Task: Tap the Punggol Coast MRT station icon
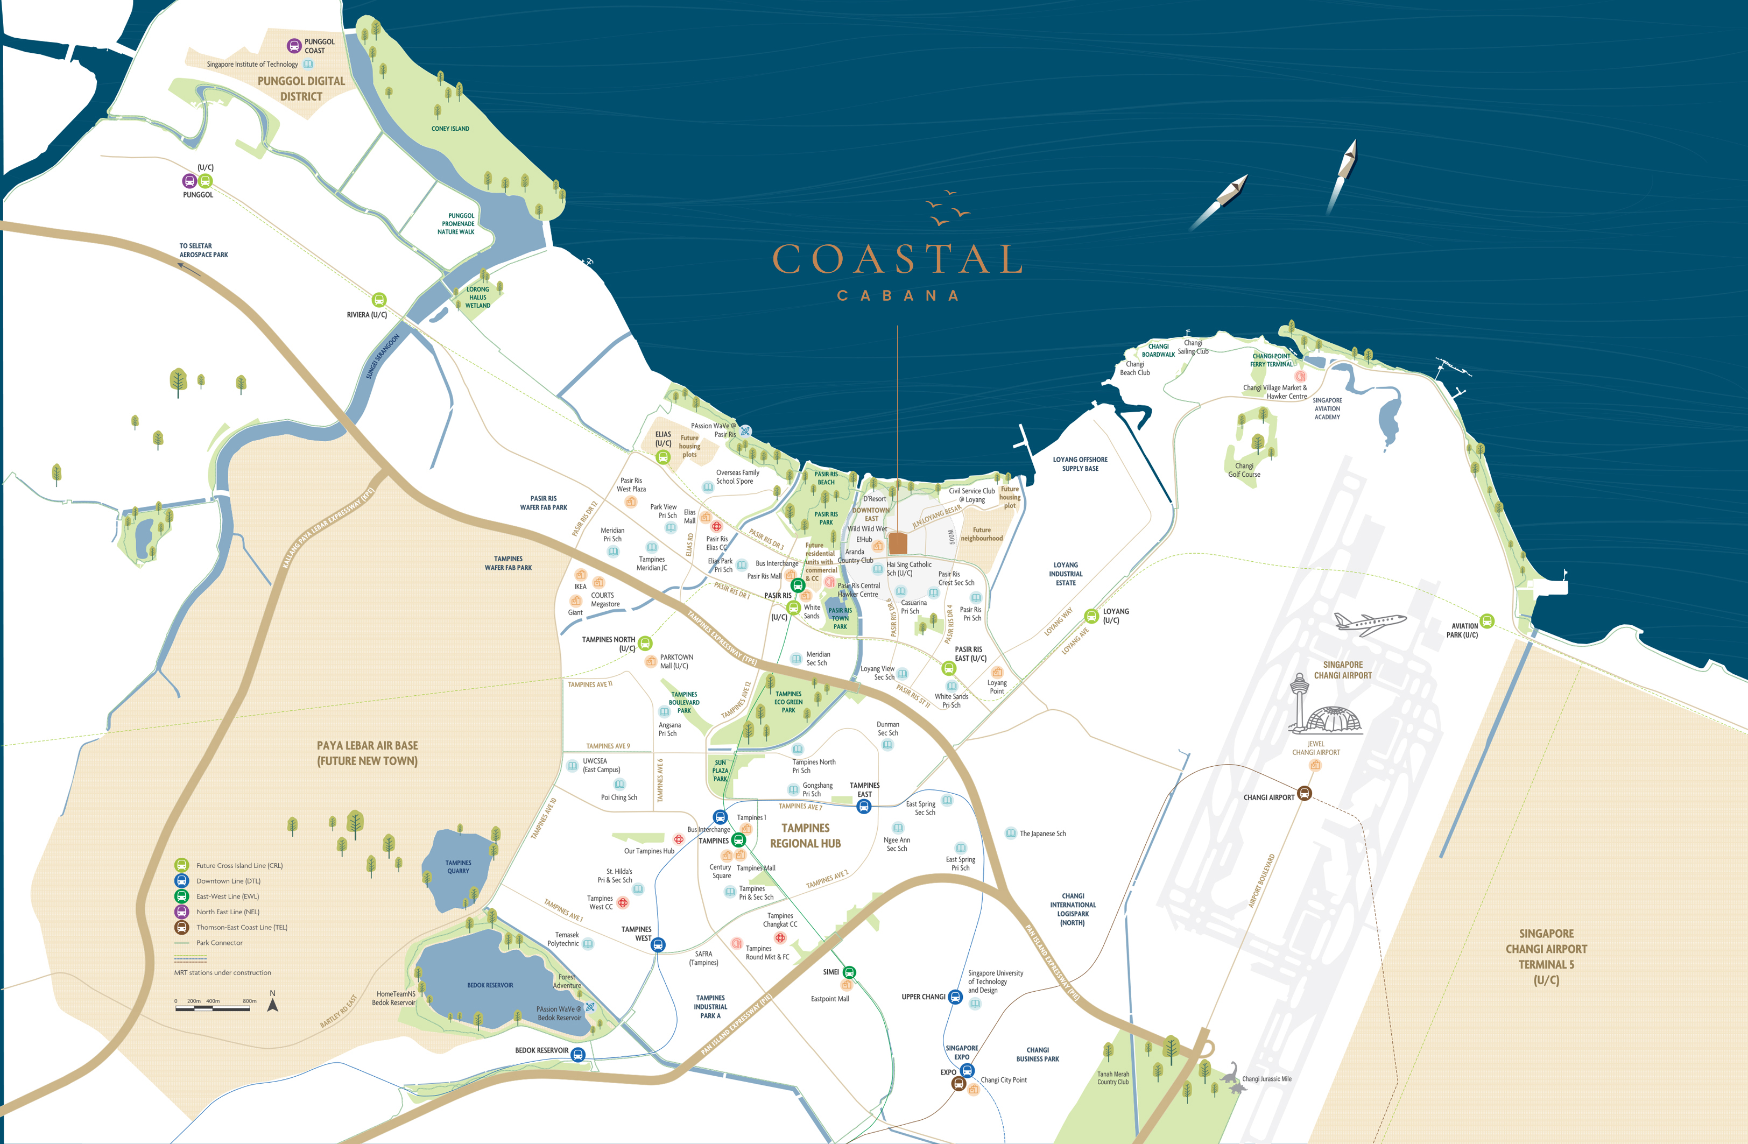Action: [x=294, y=46]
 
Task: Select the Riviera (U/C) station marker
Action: [x=379, y=300]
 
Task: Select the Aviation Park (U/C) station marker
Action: [x=1486, y=621]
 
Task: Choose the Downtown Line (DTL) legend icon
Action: [x=181, y=881]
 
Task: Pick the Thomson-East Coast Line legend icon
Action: [x=181, y=927]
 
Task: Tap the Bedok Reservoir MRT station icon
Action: [x=578, y=1055]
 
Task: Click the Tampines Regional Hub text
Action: [x=805, y=836]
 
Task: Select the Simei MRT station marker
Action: [x=849, y=972]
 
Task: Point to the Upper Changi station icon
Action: [x=955, y=997]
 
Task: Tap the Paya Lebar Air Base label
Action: [x=367, y=753]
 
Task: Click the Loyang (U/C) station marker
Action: [x=1091, y=616]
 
